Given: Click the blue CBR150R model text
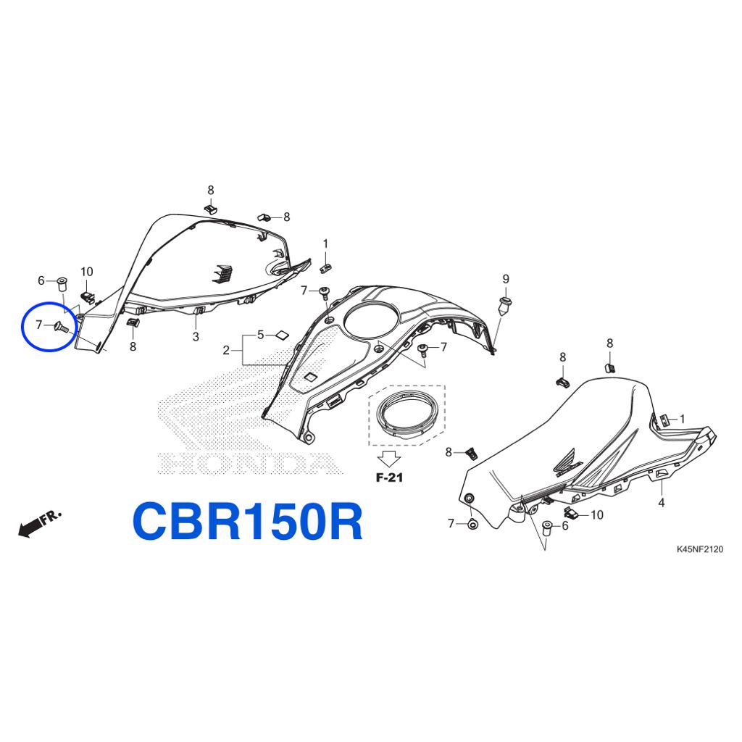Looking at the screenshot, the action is tap(248, 521).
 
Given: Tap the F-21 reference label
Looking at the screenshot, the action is tap(389, 478).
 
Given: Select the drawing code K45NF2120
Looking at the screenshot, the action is tap(699, 549).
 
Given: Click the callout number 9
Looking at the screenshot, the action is tap(505, 279).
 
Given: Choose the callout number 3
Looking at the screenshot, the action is tap(196, 336).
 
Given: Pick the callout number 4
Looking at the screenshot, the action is tap(662, 503).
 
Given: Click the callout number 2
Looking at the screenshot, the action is tap(226, 350).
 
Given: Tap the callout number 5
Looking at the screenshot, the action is tap(260, 335).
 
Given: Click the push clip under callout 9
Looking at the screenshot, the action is tap(505, 307).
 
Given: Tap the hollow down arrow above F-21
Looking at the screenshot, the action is tap(389, 459).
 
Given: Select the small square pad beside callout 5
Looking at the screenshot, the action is tap(283, 335).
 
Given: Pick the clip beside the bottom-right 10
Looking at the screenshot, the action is tap(572, 512).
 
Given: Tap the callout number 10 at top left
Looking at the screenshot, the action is tap(87, 272).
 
